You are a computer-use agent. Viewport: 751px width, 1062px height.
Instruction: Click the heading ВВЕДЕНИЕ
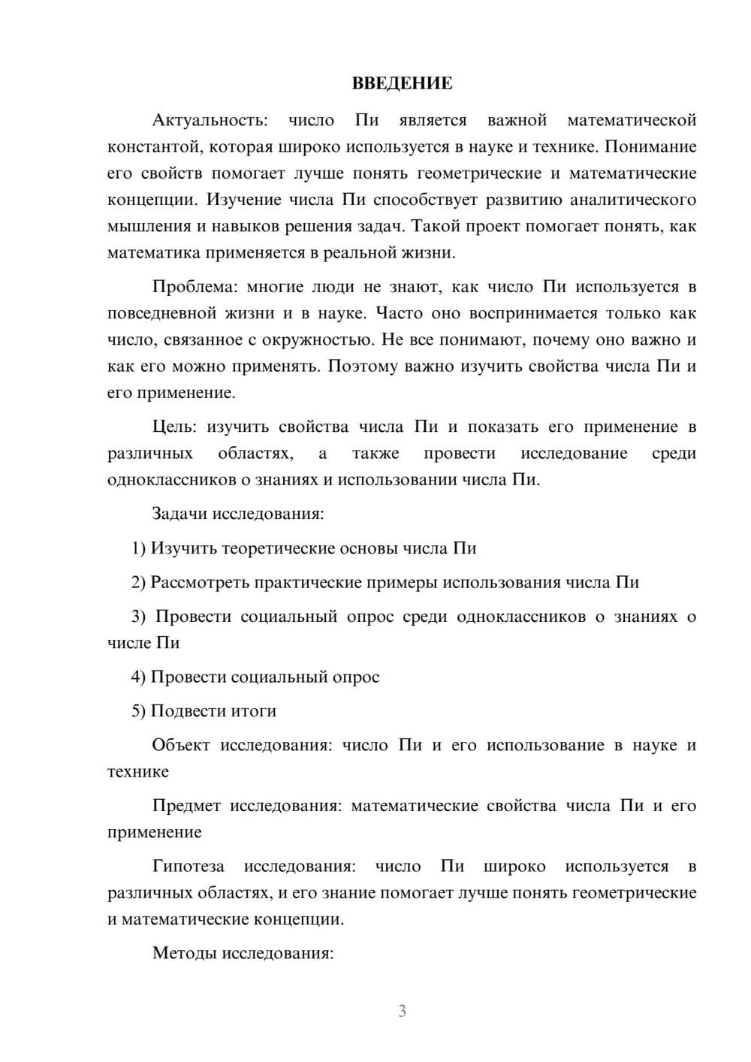[402, 83]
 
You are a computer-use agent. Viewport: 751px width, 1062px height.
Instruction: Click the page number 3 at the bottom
[402, 1011]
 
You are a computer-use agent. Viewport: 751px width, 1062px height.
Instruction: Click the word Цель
[173, 427]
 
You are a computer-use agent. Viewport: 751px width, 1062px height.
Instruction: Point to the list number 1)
[139, 548]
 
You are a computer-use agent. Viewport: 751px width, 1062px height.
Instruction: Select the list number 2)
[139, 582]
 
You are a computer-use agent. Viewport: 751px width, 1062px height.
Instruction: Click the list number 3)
[139, 617]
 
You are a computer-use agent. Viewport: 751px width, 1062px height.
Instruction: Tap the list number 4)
[139, 677]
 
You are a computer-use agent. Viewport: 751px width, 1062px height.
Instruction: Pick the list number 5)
[139, 711]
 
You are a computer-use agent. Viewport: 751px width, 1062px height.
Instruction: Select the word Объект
[181, 745]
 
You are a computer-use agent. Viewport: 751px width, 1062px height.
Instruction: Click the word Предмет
[186, 806]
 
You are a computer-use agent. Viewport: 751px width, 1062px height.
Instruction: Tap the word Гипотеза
[188, 866]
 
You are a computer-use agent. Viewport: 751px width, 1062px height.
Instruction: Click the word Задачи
[179, 514]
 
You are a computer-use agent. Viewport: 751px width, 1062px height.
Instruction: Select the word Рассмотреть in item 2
[200, 582]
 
